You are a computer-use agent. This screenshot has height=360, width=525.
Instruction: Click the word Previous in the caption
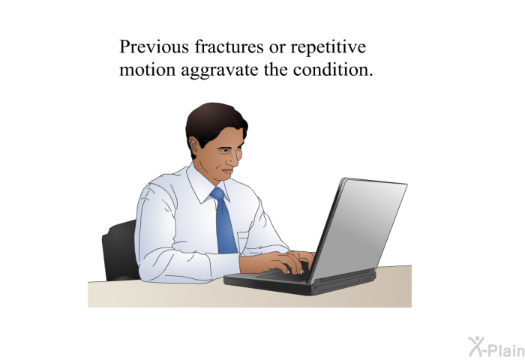coord(154,46)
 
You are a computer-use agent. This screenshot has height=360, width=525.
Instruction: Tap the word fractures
coord(229,46)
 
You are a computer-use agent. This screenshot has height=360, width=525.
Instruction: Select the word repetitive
coord(328,47)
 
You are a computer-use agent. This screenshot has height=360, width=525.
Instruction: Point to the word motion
coord(147,70)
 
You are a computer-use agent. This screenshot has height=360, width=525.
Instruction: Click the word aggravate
coord(220,71)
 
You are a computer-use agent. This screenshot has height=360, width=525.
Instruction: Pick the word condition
coord(333,69)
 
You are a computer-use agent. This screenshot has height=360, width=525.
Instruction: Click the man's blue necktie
coord(223,220)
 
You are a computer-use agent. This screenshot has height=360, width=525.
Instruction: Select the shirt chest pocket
coord(243,241)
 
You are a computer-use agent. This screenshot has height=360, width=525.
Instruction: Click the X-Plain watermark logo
coord(496,347)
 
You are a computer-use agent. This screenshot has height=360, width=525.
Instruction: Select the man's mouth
coord(228,171)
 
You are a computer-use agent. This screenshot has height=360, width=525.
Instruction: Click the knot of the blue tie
coord(217,193)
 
